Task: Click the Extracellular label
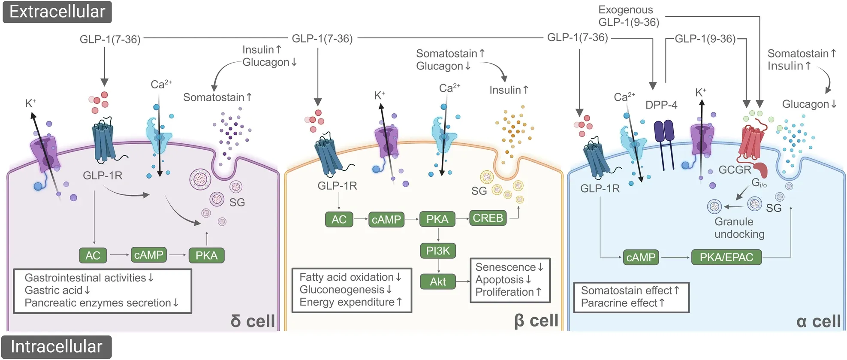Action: pyautogui.click(x=57, y=12)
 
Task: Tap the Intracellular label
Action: pyautogui.click(x=56, y=347)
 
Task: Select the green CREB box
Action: pyautogui.click(x=488, y=218)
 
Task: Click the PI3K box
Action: pyautogui.click(x=438, y=251)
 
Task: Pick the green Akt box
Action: pyautogui.click(x=438, y=281)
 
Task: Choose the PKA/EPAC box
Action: pyautogui.click(x=726, y=257)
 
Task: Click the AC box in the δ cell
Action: pyautogui.click(x=93, y=255)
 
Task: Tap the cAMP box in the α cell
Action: pyautogui.click(x=641, y=257)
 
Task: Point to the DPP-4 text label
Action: pyautogui.click(x=661, y=105)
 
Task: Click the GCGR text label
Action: pyautogui.click(x=735, y=170)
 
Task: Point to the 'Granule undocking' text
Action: pyautogui.click(x=738, y=228)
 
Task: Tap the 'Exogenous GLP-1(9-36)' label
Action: pyautogui.click(x=628, y=16)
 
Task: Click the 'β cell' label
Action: pyautogui.click(x=536, y=321)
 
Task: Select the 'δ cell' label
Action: pyautogui.click(x=253, y=321)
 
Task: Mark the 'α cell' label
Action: pyautogui.click(x=818, y=321)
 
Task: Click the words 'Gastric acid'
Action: pyautogui.click(x=53, y=290)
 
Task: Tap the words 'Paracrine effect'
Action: pyautogui.click(x=619, y=303)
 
